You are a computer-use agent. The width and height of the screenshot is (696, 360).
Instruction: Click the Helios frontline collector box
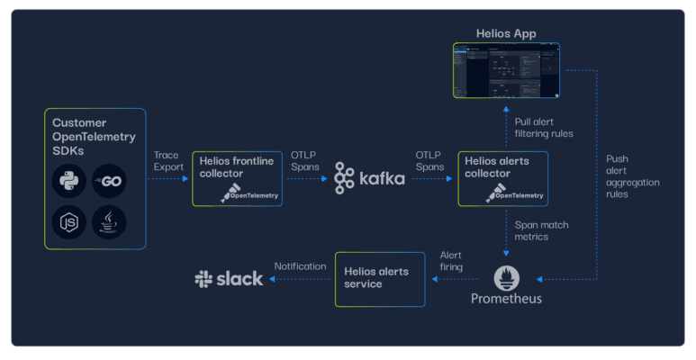point(237,179)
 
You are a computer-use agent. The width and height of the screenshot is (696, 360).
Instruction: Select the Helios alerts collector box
point(502,179)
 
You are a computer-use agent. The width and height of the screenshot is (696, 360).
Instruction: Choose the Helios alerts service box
point(379,279)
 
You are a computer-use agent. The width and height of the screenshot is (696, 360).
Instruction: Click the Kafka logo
point(369,178)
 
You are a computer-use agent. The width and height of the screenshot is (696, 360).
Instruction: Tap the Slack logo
point(229,279)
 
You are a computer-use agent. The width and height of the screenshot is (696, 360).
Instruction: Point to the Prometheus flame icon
point(506,275)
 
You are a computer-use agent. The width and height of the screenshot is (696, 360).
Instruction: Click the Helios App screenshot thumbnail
point(505,71)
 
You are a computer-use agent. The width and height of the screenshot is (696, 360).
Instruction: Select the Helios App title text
point(506,34)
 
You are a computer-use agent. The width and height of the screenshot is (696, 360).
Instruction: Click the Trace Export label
point(169,161)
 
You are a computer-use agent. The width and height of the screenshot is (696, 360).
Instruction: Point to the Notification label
point(300,266)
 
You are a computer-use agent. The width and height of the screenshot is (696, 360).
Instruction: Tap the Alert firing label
point(450,261)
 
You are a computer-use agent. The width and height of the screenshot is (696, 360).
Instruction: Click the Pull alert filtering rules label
point(543,128)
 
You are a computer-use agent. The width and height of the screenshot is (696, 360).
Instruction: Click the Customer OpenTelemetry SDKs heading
point(94,136)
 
